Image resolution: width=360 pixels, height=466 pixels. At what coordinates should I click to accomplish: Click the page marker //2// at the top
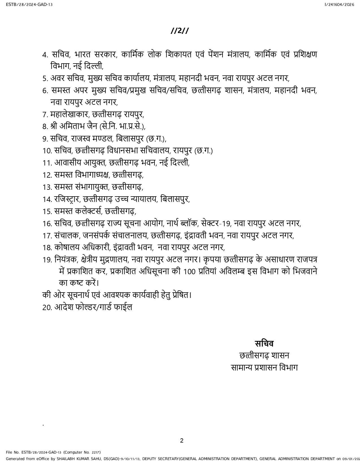(x=180, y=31)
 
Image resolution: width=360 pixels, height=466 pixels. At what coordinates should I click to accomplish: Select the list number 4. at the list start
(x=45, y=55)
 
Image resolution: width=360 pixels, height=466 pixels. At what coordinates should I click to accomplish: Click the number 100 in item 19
(x=189, y=272)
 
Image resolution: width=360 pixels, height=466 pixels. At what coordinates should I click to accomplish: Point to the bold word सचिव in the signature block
(x=264, y=343)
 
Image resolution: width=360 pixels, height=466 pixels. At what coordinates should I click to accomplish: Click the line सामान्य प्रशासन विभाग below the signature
(x=264, y=368)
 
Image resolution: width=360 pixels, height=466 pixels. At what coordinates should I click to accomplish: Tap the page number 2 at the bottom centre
(x=182, y=441)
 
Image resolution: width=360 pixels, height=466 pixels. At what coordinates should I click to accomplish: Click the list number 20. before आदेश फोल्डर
(x=47, y=308)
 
